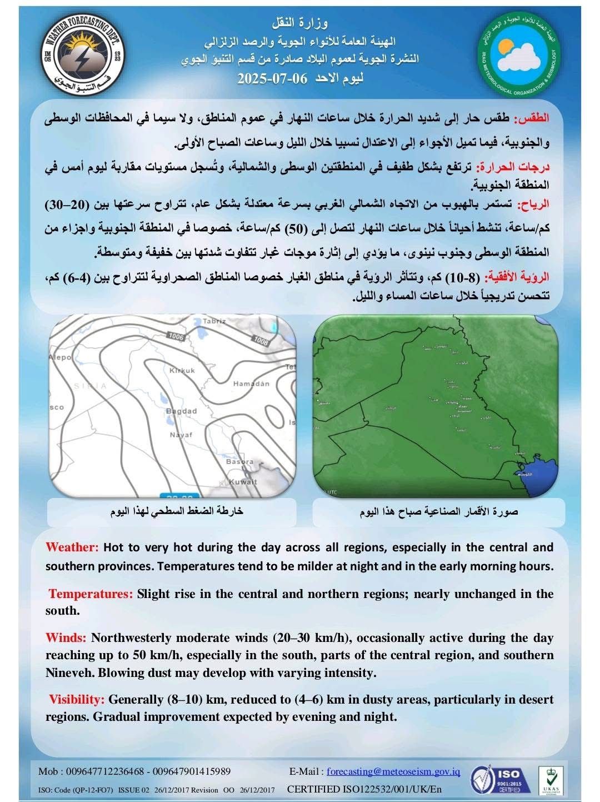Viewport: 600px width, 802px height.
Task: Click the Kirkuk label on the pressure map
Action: pos(182,370)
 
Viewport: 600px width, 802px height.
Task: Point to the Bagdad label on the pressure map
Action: pos(182,411)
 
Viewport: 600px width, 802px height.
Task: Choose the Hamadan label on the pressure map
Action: pos(251,384)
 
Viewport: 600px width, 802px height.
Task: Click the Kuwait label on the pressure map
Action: pos(243,481)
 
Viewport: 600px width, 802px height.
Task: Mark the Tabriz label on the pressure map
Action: pos(214,321)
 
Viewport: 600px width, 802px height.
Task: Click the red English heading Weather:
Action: pos(72,547)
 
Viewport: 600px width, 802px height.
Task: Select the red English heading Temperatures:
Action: pos(91,594)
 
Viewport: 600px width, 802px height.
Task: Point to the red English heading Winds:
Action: pos(66,637)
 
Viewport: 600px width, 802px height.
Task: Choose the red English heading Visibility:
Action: pos(77,699)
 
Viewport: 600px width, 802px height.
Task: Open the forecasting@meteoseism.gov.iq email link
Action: pos(393,771)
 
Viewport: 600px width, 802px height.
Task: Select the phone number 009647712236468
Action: pos(106,771)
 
